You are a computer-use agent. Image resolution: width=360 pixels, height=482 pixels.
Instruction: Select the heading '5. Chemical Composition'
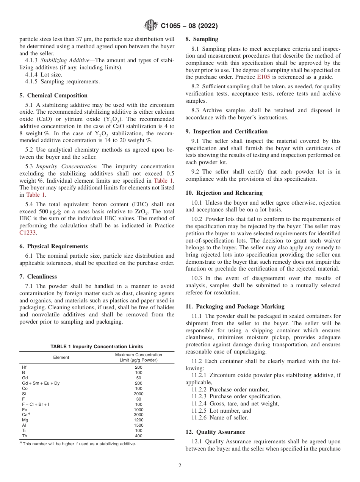53,95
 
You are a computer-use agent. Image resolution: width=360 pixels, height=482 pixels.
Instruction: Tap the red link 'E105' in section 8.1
263,77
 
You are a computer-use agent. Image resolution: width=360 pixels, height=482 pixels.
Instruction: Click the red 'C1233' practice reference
27,233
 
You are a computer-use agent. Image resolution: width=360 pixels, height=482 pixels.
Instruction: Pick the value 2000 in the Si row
138,394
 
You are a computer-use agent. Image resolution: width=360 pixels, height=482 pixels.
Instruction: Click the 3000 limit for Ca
138,415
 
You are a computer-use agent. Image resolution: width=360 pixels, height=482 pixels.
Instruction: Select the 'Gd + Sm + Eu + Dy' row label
41,383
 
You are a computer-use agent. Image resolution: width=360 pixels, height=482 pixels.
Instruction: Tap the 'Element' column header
61,357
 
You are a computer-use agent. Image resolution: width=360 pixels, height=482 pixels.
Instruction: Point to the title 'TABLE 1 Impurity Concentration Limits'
97,346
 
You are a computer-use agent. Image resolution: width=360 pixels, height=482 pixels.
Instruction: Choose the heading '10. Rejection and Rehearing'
224,193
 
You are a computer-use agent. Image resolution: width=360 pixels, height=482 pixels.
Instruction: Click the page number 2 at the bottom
180,466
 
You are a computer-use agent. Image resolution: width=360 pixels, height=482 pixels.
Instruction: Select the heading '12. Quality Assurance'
215,432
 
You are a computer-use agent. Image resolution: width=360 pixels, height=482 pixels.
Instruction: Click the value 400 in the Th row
138,436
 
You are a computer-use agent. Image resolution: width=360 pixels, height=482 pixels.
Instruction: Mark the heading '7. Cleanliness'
38,277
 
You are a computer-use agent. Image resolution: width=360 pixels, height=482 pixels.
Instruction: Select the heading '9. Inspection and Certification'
227,131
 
